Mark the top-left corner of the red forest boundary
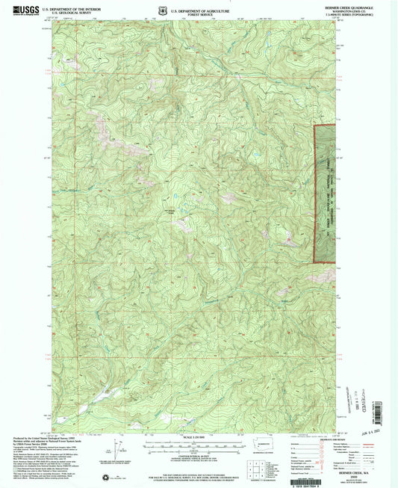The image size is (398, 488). pyautogui.click(x=314, y=126)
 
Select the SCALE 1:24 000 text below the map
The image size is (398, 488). pyautogui.click(x=197, y=436)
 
